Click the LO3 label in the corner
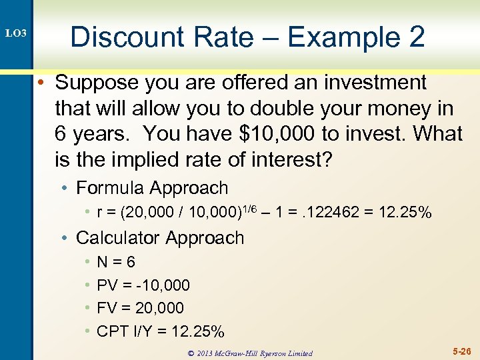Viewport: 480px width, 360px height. pyautogui.click(x=17, y=33)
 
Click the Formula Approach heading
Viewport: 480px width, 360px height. pyautogui.click(x=152, y=189)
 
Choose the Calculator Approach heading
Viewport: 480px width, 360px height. pyautogui.click(x=160, y=237)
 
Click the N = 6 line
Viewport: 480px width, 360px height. pyautogui.click(x=116, y=263)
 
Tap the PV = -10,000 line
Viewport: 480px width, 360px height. pyautogui.click(x=143, y=285)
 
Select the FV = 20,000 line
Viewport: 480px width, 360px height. pyautogui.click(x=140, y=308)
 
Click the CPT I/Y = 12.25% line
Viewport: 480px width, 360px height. pyautogui.click(x=160, y=331)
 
